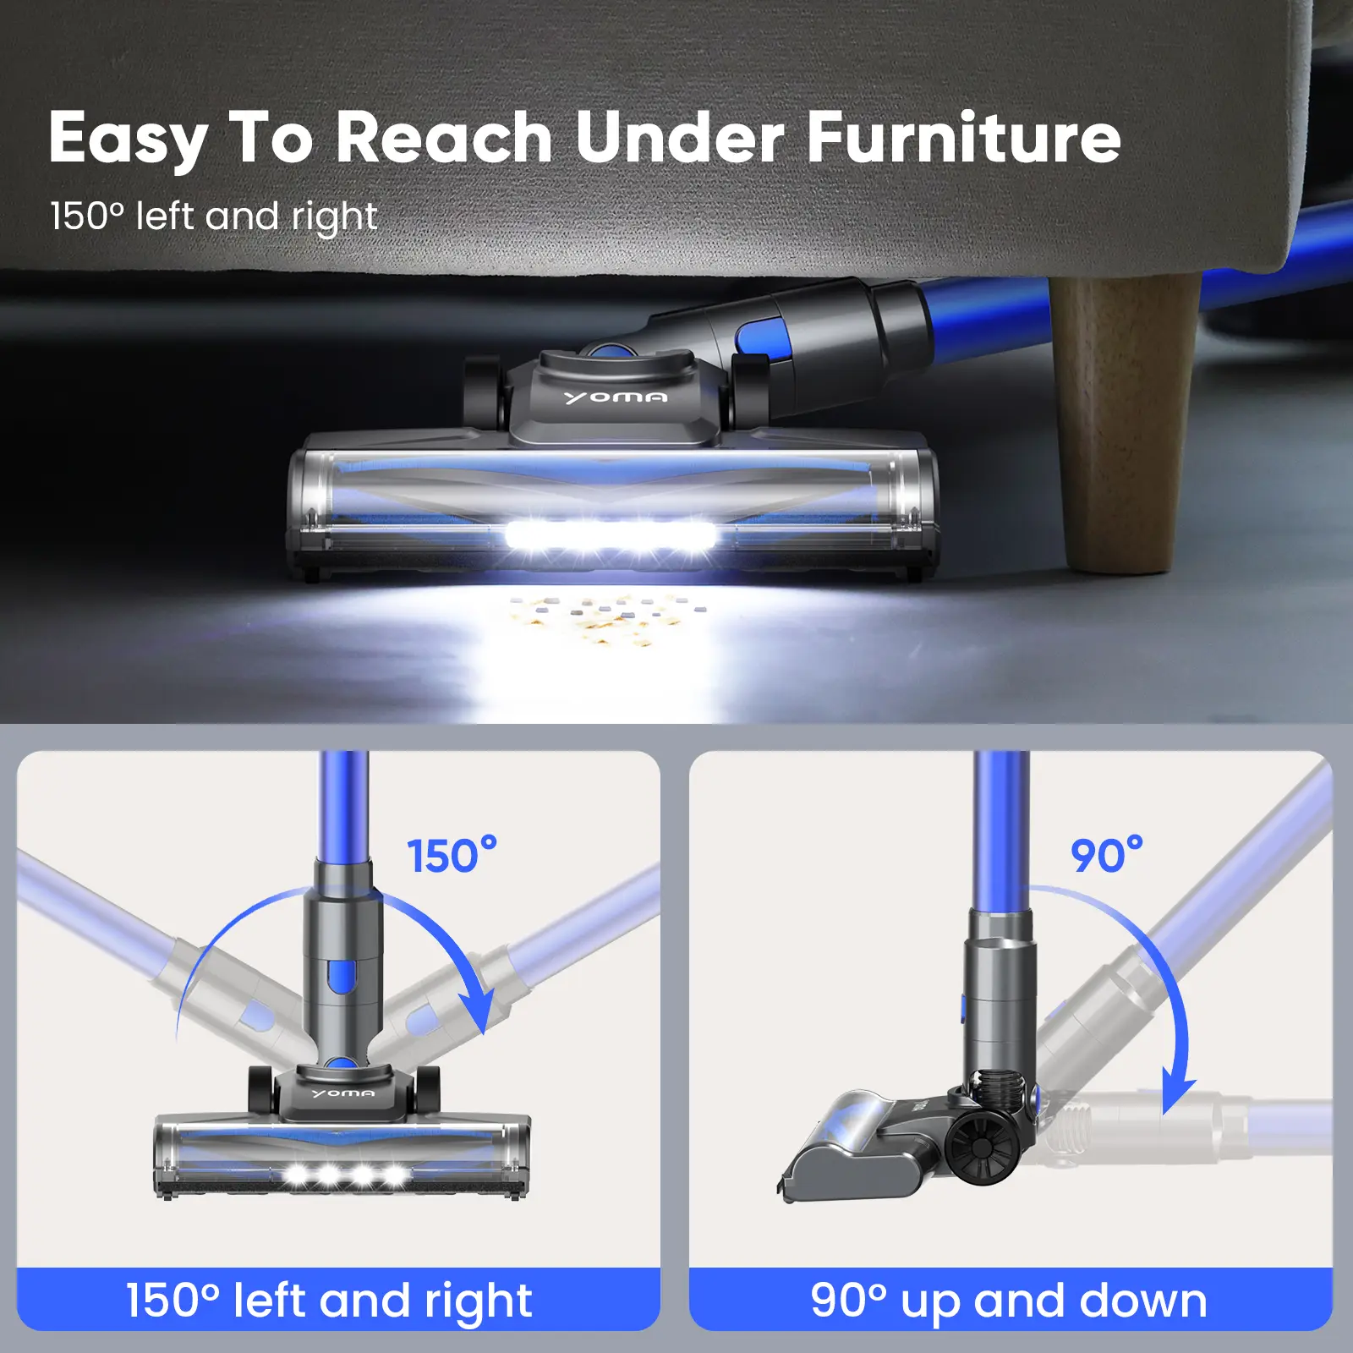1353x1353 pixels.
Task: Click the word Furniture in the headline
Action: click(x=964, y=137)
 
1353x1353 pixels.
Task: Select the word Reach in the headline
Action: click(x=445, y=137)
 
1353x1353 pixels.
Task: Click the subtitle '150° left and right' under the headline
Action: click(x=213, y=217)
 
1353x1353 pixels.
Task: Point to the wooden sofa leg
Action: click(x=1125, y=423)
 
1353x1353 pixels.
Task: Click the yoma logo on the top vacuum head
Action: click(x=615, y=397)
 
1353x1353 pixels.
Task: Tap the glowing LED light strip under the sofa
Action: click(x=611, y=536)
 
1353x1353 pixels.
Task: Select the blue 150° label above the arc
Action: click(x=452, y=855)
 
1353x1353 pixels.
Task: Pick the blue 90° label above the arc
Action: click(x=1107, y=855)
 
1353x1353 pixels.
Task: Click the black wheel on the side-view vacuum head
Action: click(x=983, y=1148)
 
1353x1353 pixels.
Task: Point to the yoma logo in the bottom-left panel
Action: click(x=342, y=1093)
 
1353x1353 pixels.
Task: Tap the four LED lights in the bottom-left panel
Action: click(x=345, y=1175)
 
